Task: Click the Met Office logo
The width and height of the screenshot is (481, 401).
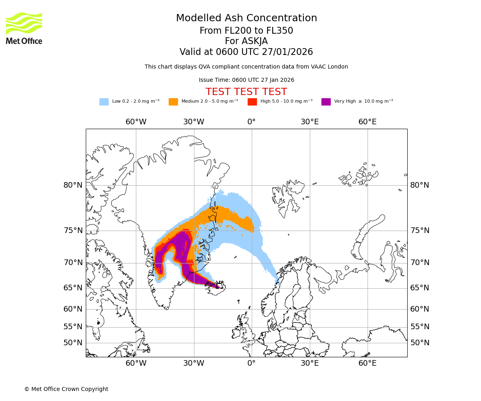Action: pyautogui.click(x=24, y=28)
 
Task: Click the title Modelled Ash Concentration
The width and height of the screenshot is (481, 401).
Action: pyautogui.click(x=246, y=18)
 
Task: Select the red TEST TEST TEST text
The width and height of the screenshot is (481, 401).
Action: pyautogui.click(x=246, y=92)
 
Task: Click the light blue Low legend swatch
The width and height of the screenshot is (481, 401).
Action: pyautogui.click(x=104, y=102)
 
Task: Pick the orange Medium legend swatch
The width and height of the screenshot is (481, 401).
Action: pyautogui.click(x=173, y=102)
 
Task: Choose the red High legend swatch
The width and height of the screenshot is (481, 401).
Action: pyautogui.click(x=252, y=102)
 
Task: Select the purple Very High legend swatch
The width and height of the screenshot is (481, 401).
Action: pyautogui.click(x=326, y=102)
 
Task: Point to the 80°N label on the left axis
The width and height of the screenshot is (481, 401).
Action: pyautogui.click(x=73, y=185)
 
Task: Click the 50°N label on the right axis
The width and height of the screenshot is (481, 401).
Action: pyautogui.click(x=420, y=343)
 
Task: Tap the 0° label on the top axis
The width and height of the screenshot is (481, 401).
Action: pyautogui.click(x=251, y=122)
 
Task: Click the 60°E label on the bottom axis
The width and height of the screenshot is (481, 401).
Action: pyautogui.click(x=367, y=363)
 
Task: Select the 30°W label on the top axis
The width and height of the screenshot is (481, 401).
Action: pyautogui.click(x=194, y=122)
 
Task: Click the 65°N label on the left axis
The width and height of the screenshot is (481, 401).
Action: pyautogui.click(x=73, y=288)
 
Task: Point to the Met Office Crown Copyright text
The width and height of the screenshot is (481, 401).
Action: pyautogui.click(x=66, y=389)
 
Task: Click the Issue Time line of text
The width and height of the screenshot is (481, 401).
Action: pyautogui.click(x=246, y=80)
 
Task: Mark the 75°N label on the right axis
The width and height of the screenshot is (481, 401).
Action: pyautogui.click(x=420, y=231)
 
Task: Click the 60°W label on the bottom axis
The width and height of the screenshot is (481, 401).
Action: pyautogui.click(x=136, y=363)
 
